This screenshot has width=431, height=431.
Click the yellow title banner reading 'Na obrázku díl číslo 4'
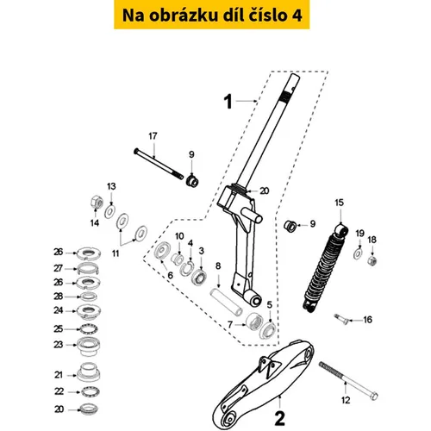(212, 15)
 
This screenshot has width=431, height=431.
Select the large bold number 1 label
(228, 102)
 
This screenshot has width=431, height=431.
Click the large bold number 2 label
(279, 419)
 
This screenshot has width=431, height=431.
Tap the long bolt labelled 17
(159, 164)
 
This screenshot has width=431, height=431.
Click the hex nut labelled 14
(97, 202)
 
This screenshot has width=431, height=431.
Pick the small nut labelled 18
(372, 260)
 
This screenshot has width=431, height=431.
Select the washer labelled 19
(358, 253)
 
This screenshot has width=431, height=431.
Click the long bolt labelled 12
(348, 381)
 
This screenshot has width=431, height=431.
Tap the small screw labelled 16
(341, 318)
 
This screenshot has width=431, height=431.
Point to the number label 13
(111, 186)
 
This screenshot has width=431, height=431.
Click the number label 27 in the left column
(58, 268)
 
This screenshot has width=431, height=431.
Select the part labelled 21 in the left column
(89, 372)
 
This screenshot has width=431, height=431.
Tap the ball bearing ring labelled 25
(89, 329)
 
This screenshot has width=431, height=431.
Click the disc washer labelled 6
(162, 251)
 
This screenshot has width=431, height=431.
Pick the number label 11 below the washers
(116, 253)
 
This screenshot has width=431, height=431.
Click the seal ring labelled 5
(268, 331)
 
